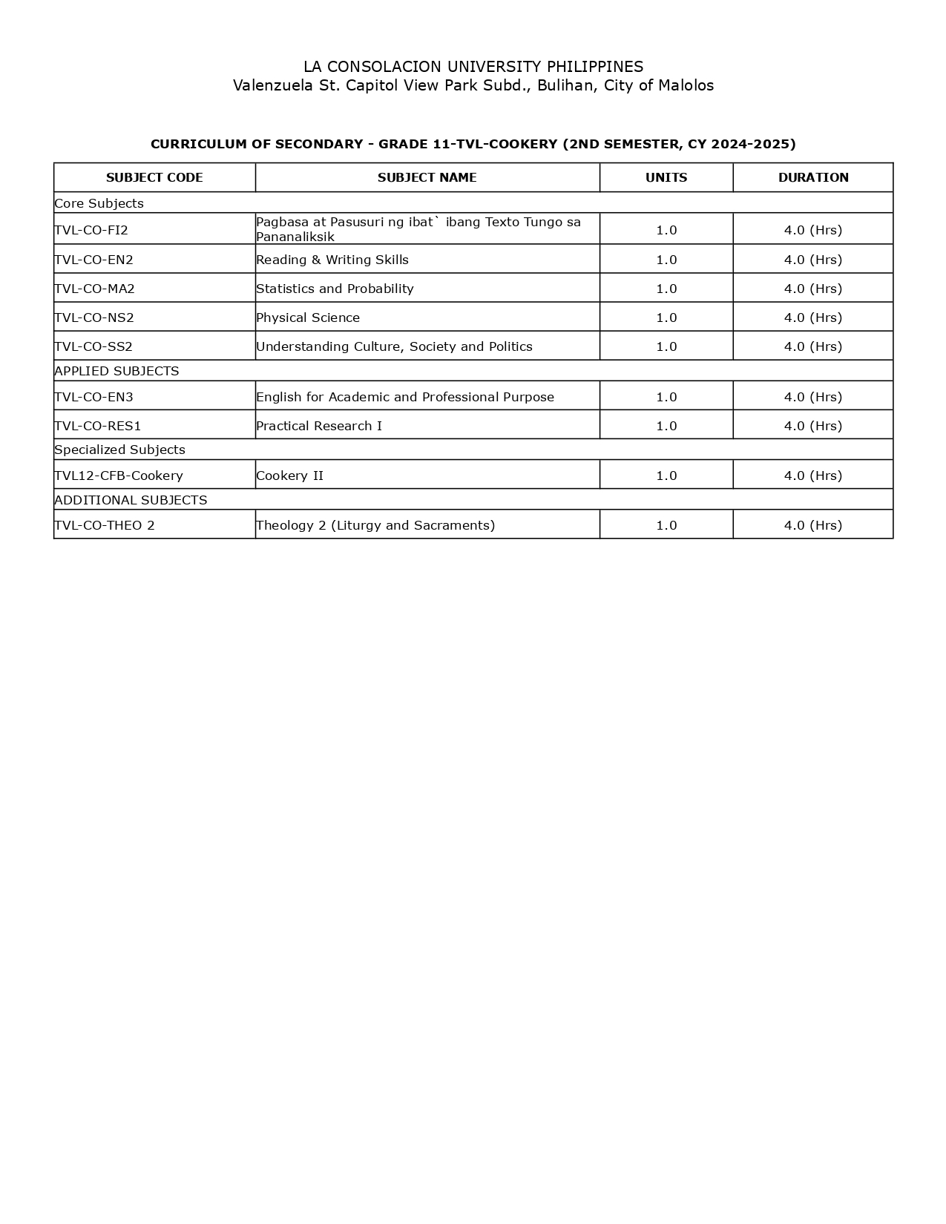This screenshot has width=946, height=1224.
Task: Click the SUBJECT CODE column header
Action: [154, 178]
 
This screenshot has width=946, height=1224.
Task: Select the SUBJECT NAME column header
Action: [427, 178]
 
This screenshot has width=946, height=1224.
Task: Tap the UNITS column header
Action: [666, 178]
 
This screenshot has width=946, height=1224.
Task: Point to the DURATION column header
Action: [813, 178]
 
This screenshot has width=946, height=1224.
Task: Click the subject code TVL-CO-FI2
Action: [91, 230]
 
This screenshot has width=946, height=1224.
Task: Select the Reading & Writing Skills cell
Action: [332, 260]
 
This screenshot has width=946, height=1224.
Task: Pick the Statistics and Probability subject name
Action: [335, 289]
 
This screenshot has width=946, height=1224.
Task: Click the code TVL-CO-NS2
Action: [94, 317]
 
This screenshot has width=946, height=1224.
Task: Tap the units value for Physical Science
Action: [666, 317]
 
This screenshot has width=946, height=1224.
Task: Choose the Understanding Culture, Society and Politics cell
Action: [394, 346]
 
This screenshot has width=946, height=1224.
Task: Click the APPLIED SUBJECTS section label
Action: [116, 371]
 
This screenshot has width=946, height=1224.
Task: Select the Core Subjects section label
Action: [99, 203]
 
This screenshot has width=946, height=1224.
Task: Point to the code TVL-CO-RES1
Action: [97, 426]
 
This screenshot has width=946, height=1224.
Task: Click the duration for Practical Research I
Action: [813, 426]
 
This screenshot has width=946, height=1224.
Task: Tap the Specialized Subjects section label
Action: [119, 450]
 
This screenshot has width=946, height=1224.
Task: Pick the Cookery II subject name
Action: [289, 476]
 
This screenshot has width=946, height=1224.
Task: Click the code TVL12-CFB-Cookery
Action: [119, 476]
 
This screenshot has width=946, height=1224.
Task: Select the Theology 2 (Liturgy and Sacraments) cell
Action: [375, 525]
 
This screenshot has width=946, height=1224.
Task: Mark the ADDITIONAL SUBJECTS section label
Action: [131, 500]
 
